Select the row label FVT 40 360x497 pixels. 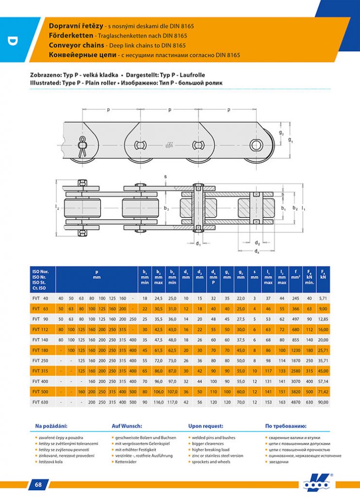[40, 297]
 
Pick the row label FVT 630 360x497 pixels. [40, 402]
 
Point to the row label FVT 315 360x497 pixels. [40, 370]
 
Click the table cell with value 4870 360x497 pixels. [295, 402]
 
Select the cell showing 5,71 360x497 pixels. [323, 297]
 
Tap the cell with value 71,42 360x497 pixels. [323, 391]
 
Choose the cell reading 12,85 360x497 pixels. [323, 318]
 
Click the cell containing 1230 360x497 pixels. [295, 349]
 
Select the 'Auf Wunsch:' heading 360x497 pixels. [127, 426]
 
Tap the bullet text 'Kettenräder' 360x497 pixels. [127, 462]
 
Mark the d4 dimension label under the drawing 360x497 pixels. [257, 251]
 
